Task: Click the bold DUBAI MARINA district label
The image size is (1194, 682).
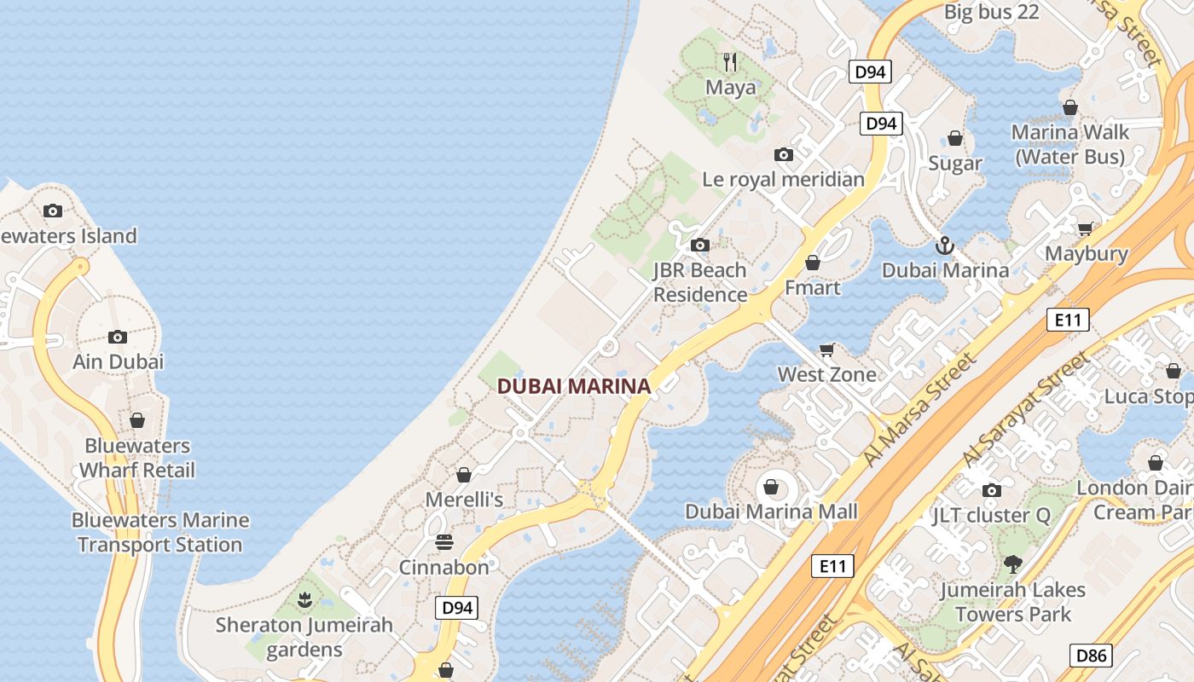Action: click(x=573, y=386)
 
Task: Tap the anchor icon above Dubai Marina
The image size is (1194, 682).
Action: click(x=944, y=246)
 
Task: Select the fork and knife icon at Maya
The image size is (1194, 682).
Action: click(x=730, y=61)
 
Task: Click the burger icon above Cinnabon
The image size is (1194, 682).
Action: click(x=443, y=542)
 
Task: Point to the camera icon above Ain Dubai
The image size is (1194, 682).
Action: click(x=118, y=337)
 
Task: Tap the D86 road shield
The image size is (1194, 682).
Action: click(x=1091, y=656)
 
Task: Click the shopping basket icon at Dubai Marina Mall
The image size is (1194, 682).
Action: click(x=771, y=487)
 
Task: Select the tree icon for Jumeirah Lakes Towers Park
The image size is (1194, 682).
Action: click(x=1013, y=564)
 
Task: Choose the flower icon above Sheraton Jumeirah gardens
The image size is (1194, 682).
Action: click(x=304, y=600)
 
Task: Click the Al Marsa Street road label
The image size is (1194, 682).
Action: click(x=919, y=410)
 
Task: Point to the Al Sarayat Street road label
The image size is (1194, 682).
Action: click(x=1027, y=408)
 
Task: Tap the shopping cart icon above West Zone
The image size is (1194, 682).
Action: click(x=826, y=350)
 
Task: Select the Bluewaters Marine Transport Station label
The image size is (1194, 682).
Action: click(x=160, y=532)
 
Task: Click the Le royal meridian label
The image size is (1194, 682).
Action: click(x=783, y=179)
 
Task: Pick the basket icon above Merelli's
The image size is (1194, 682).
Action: click(x=464, y=475)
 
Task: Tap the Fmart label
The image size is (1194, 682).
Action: click(x=812, y=287)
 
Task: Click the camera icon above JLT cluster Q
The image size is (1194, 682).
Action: click(x=991, y=490)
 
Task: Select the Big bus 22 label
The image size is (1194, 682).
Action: click(x=992, y=12)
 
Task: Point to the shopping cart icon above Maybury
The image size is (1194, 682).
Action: click(x=1085, y=228)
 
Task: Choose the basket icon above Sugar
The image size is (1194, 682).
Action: click(x=955, y=138)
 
